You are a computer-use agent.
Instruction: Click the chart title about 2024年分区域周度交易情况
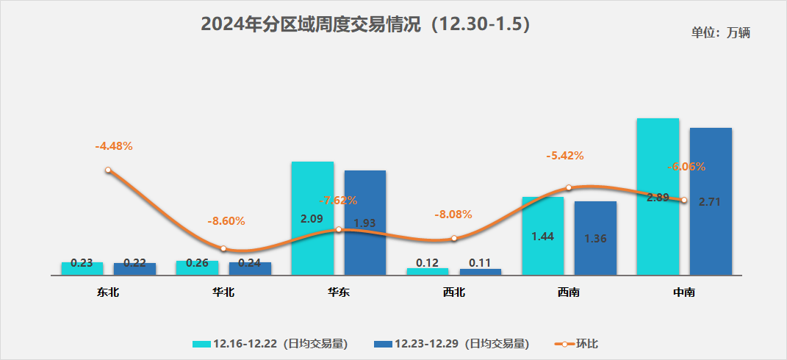coord(365,24)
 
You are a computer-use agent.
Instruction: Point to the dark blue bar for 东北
coord(134,269)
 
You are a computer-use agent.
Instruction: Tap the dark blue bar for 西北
coord(481,272)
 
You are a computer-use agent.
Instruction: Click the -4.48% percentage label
coord(114,145)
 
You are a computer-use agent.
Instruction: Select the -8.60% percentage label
coord(226,220)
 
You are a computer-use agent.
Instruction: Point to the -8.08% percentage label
coord(453,215)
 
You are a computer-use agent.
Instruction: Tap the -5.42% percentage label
coord(564,156)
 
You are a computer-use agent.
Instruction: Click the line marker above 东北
coord(108,170)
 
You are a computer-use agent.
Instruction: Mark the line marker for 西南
coord(569,188)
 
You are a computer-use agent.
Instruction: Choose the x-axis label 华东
coord(339,292)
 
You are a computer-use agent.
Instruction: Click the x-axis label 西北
coord(454,292)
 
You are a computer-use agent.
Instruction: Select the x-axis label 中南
coord(684,292)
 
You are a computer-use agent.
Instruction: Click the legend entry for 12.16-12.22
coord(269,343)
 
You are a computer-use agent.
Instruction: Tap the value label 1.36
coord(595,239)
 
